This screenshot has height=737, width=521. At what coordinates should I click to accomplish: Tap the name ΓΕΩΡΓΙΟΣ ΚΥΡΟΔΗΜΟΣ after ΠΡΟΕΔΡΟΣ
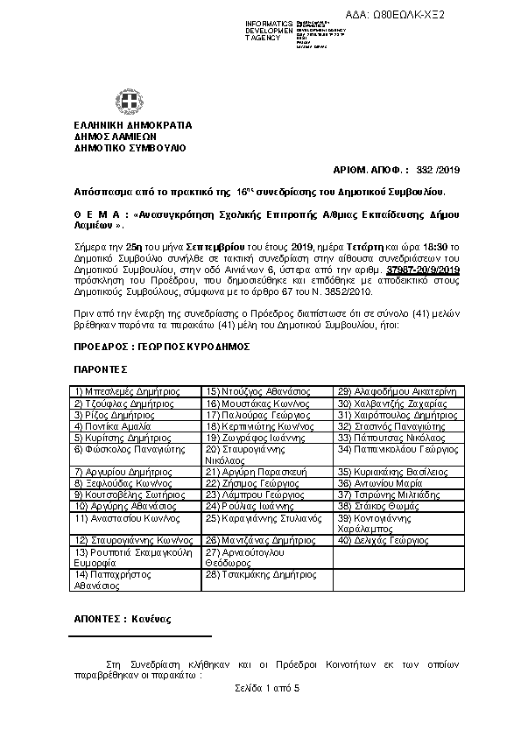click(178, 347)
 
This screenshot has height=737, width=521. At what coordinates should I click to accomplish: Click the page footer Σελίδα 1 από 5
click(268, 689)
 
